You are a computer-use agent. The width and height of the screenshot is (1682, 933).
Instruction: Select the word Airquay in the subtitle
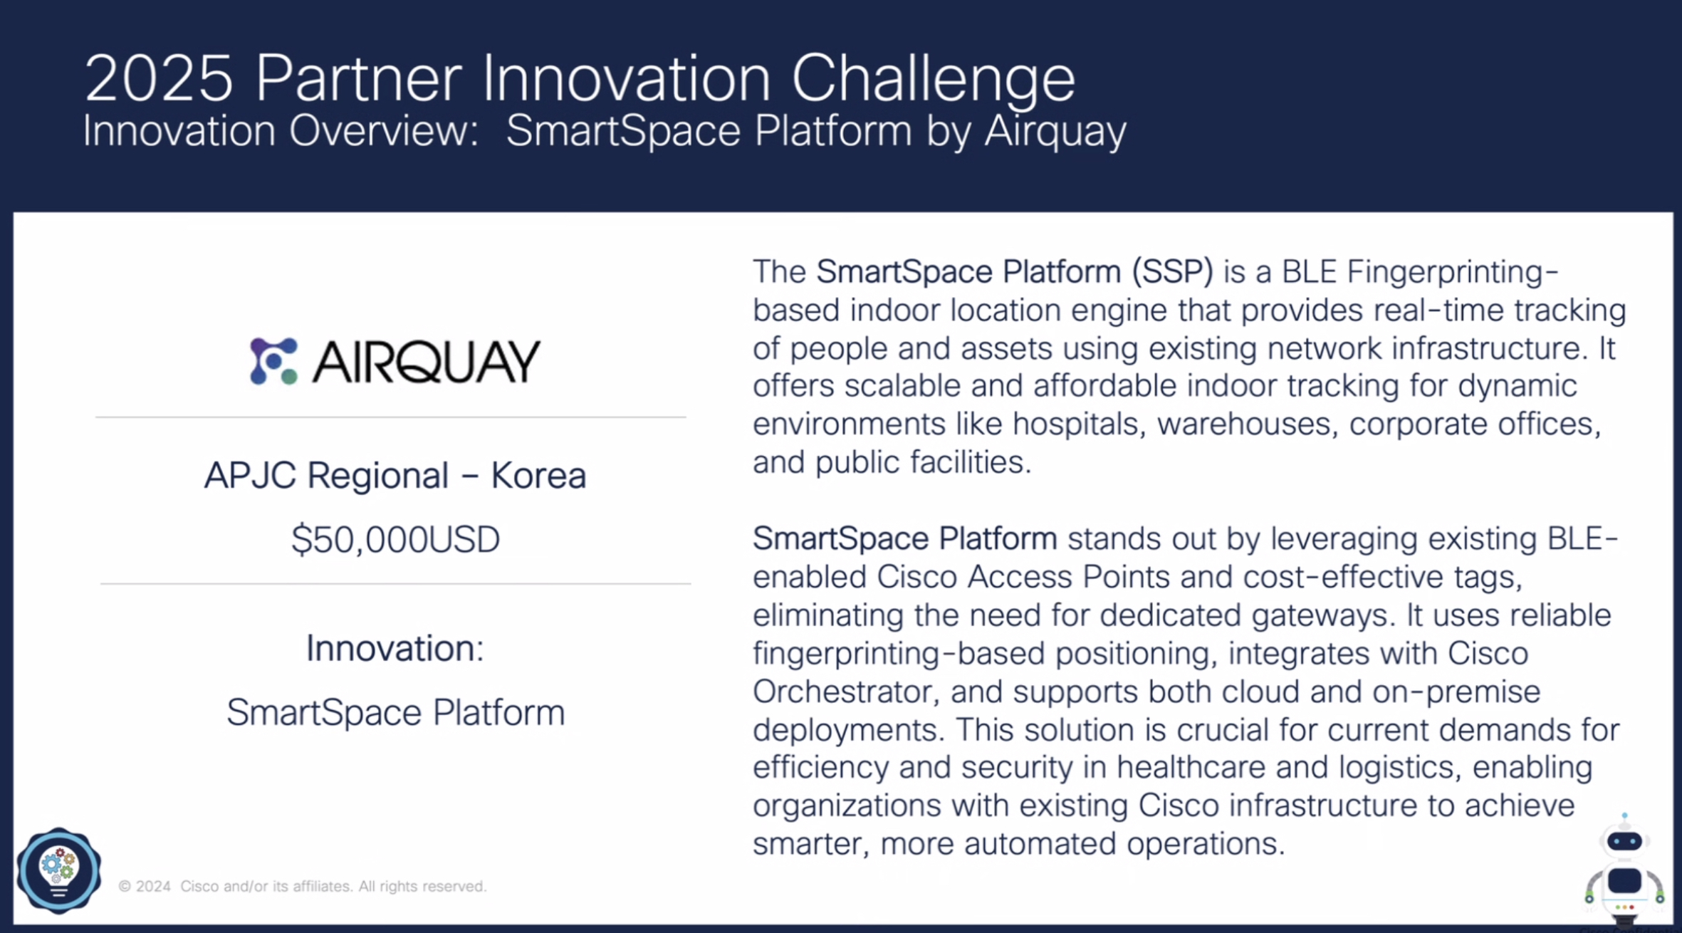(x=1055, y=132)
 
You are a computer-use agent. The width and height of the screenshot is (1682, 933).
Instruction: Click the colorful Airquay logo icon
(x=273, y=361)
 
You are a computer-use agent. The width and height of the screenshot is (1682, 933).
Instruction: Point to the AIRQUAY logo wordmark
(x=427, y=361)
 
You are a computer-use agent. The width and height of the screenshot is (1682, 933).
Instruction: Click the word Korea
(x=538, y=476)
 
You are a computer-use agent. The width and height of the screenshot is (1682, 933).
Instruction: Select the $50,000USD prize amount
(x=395, y=539)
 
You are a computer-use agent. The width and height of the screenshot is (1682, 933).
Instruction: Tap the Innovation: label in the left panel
(x=395, y=648)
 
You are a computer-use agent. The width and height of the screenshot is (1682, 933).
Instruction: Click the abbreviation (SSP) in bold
(x=1172, y=272)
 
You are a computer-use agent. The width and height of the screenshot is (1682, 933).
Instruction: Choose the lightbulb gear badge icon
(x=59, y=870)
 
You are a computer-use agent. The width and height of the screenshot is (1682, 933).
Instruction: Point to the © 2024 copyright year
(x=145, y=887)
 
